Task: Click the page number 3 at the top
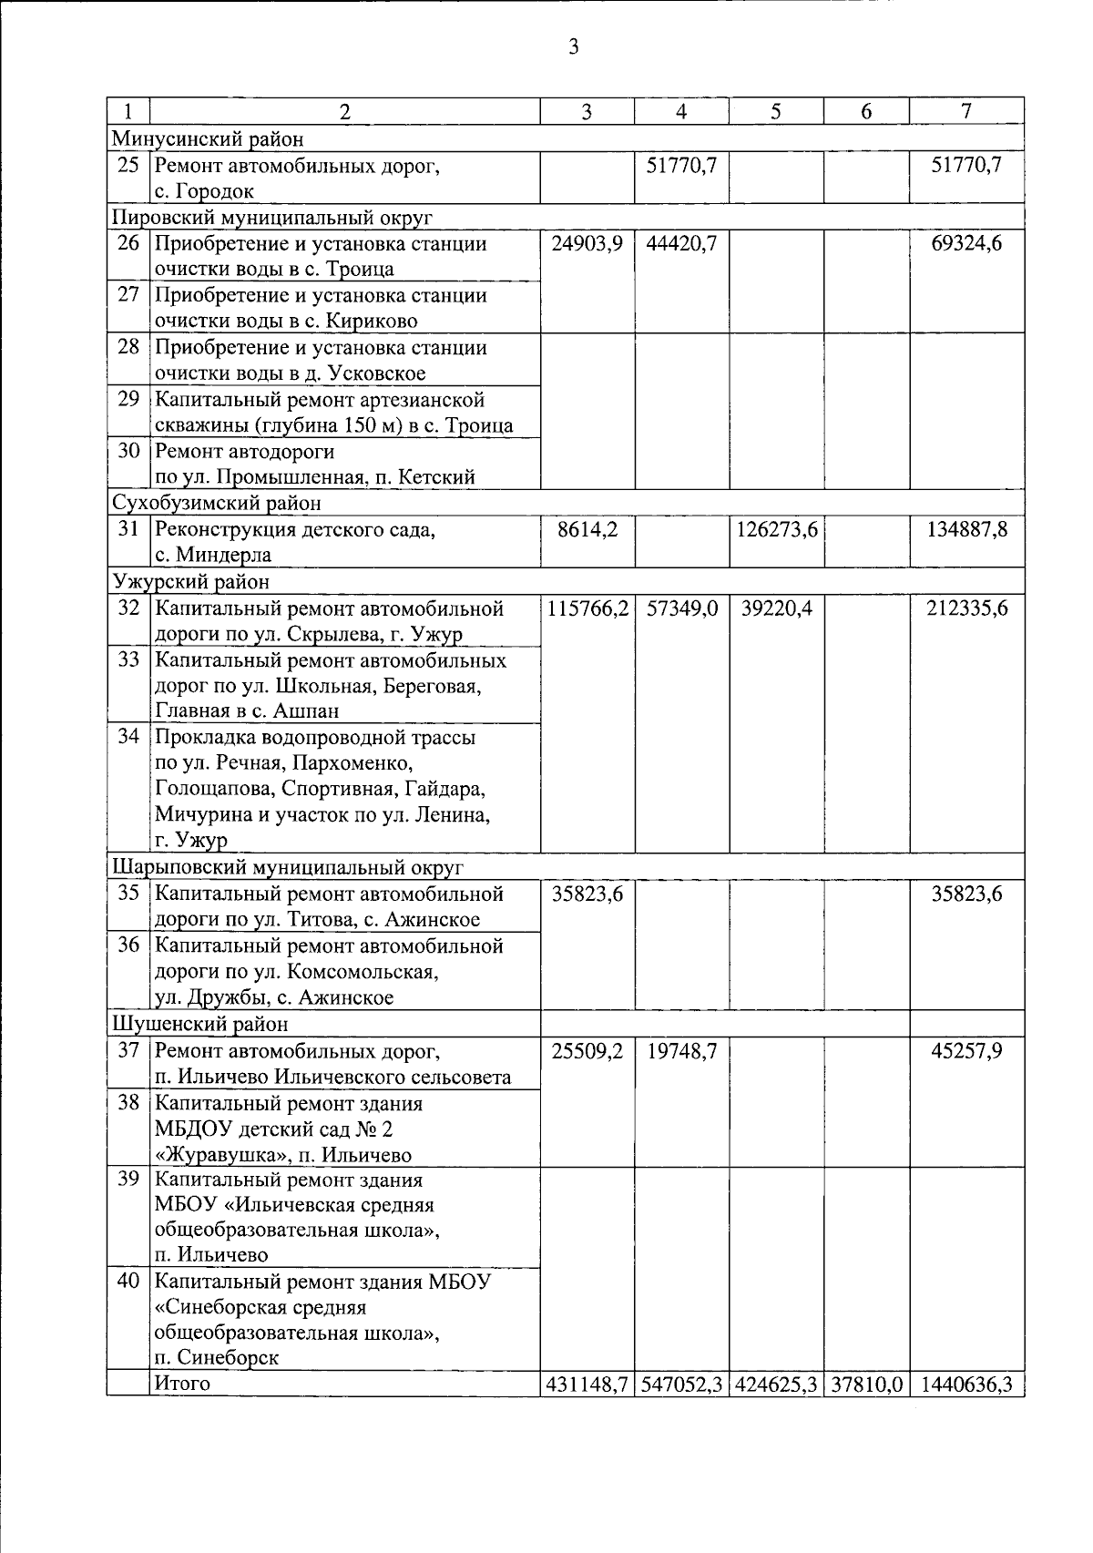coord(573,47)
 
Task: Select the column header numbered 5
coord(775,111)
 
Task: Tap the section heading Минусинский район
coord(208,138)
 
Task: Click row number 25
coord(128,166)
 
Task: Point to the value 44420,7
coord(681,244)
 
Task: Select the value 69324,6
coord(966,244)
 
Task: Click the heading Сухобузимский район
coord(217,503)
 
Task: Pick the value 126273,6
coord(776,529)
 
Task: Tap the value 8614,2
coord(587,529)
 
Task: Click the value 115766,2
coord(587,608)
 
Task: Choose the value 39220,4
coord(776,608)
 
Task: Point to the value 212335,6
coord(966,608)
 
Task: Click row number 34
coord(128,736)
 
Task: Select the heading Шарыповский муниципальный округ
coord(288,866)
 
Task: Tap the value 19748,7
coord(681,1052)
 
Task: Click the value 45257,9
coord(966,1052)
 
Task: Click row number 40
coord(128,1282)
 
